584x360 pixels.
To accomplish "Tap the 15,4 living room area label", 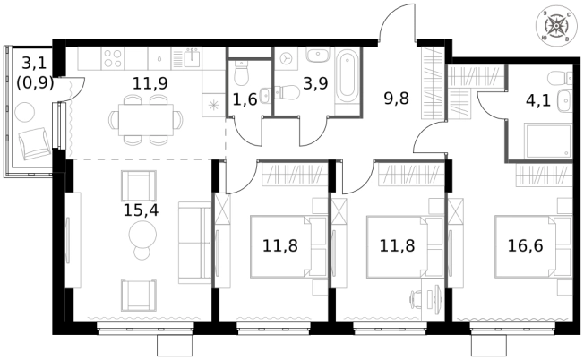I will pos(139,212).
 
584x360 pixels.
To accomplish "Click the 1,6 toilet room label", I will pos(245,99).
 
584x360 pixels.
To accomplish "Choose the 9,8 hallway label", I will pos(396,99).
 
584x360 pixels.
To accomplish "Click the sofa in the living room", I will pos(193,241).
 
